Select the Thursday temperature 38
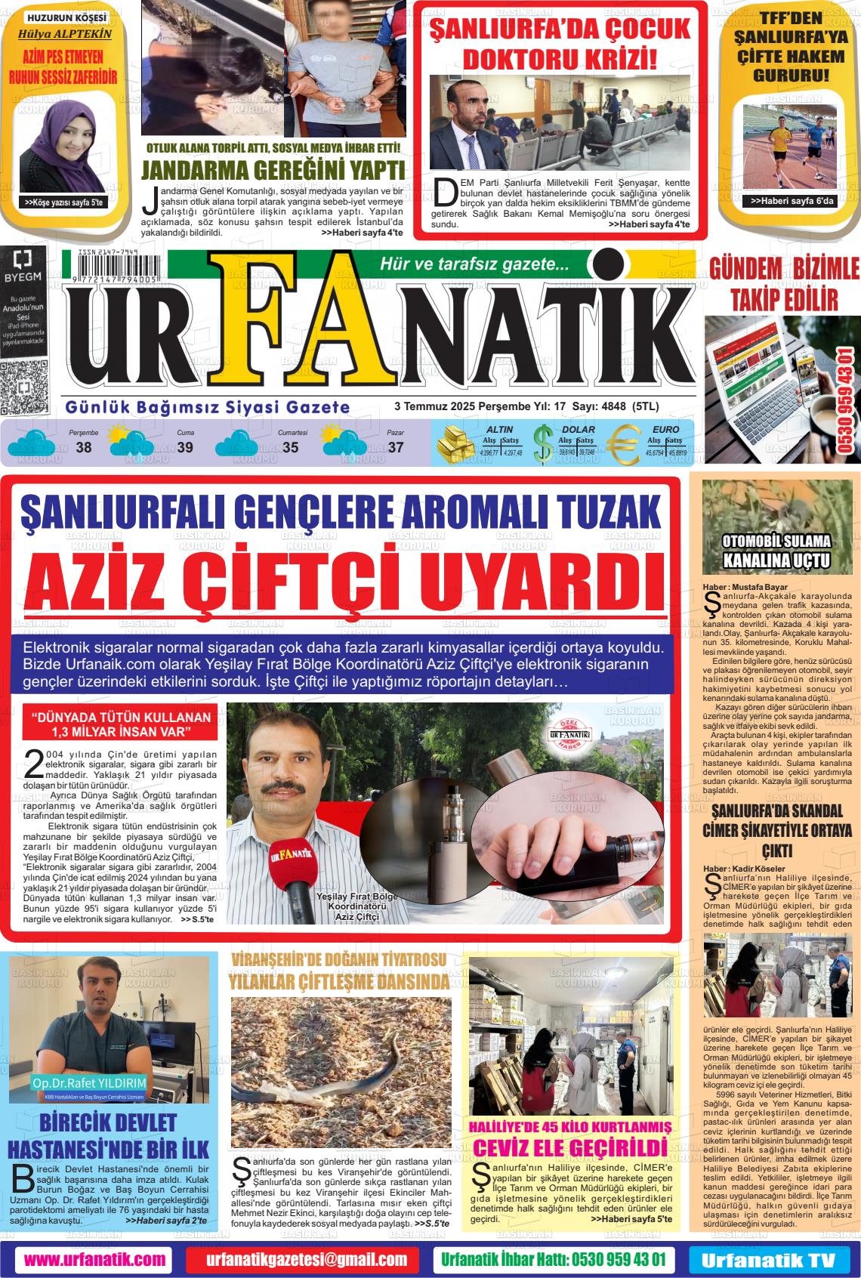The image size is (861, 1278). tap(84, 447)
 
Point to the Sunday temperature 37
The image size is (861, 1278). tap(396, 447)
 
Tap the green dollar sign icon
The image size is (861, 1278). tap(542, 446)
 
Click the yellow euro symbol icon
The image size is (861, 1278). tap(624, 446)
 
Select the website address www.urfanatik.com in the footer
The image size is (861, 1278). tap(94, 1259)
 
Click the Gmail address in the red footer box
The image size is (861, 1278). tap(307, 1259)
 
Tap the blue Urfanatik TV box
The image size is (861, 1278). tap(768, 1260)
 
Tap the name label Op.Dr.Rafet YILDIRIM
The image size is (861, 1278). tap(89, 1084)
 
